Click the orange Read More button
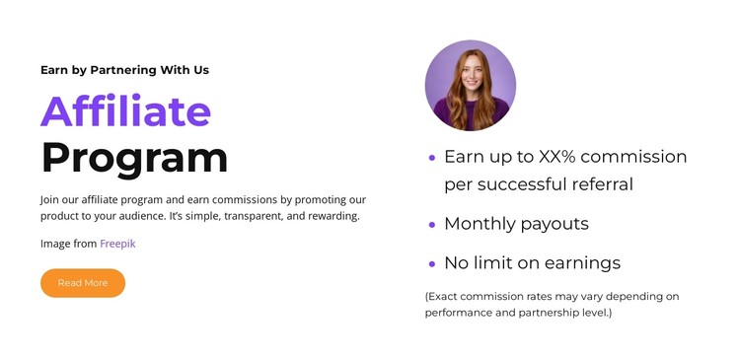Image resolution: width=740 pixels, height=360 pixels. coord(83,283)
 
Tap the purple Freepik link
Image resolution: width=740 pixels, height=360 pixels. coord(117,243)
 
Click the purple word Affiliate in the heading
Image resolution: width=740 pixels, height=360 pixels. coord(126,111)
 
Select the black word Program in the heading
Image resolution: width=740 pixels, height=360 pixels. coord(134,158)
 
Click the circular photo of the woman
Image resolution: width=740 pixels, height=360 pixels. coord(470,86)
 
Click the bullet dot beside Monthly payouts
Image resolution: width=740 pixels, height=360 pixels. coord(432,225)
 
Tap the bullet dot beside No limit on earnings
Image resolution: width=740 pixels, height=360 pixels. coord(432,264)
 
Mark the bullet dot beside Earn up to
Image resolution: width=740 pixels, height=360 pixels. coord(432,157)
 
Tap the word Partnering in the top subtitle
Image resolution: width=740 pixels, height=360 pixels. coord(124,70)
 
